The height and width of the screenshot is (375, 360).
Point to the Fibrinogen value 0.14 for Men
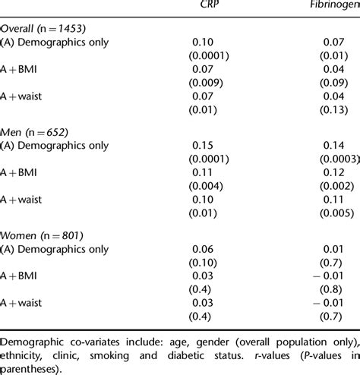[333, 144]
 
